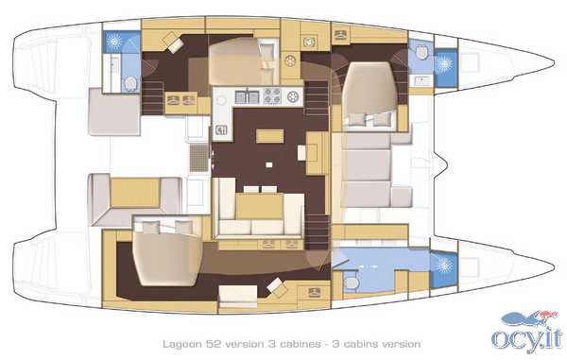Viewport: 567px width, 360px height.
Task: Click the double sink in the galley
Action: click(248, 96)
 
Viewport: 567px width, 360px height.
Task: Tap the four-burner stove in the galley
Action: click(272, 96)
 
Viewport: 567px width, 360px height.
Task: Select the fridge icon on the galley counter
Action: click(221, 129)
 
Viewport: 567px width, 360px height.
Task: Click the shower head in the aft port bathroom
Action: click(114, 42)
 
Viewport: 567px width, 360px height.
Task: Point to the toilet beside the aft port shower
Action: click(130, 84)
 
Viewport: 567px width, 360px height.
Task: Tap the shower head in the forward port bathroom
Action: click(444, 64)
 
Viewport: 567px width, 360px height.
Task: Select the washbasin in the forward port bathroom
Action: click(421, 80)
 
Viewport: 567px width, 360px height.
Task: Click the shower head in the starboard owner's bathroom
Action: click(445, 266)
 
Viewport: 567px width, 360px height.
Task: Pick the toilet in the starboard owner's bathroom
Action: click(350, 283)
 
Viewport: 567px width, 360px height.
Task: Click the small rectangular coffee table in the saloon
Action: click(269, 136)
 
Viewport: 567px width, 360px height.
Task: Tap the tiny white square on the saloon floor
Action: click(268, 164)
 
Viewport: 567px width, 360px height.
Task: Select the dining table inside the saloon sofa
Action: click(259, 206)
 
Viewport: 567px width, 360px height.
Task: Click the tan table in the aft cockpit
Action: click(135, 193)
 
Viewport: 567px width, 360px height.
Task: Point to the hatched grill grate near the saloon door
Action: click(198, 158)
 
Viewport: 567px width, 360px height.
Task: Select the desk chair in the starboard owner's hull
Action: click(277, 286)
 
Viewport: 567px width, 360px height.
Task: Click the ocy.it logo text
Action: click(527, 339)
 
